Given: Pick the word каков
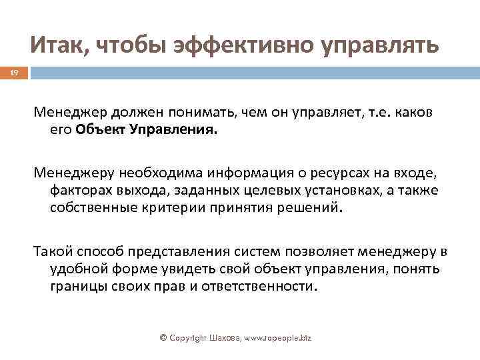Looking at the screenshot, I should pos(415,113).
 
